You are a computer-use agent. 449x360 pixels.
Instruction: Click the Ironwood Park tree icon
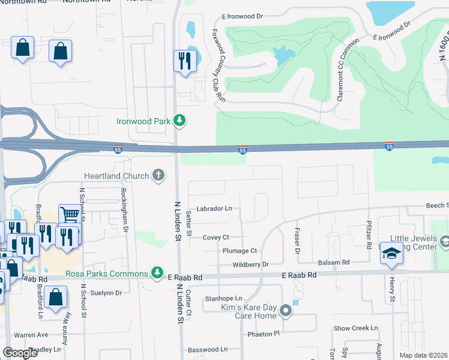pyautogui.click(x=179, y=121)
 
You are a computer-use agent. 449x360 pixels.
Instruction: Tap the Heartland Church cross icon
pyautogui.click(x=158, y=175)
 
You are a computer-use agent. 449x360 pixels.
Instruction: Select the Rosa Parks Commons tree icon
pyautogui.click(x=157, y=274)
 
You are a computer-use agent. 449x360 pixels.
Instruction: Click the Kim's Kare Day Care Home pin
pyautogui.click(x=286, y=311)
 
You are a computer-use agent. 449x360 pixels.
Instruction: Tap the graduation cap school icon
pyautogui.click(x=391, y=253)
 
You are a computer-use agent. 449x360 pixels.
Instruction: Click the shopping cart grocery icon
pyautogui.click(x=70, y=215)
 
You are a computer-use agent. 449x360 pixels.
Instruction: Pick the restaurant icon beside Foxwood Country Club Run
pyautogui.click(x=184, y=61)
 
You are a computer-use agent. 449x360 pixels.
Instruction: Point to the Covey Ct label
pyautogui.click(x=215, y=238)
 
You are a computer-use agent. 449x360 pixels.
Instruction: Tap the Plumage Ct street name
pyautogui.click(x=240, y=251)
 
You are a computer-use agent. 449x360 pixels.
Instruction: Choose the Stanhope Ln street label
pyautogui.click(x=223, y=298)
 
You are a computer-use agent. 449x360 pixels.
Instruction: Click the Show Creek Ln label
pyautogui.click(x=356, y=328)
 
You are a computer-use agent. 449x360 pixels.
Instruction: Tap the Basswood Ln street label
pyautogui.click(x=208, y=349)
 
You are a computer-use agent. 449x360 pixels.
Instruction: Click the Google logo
pyautogui.click(x=20, y=353)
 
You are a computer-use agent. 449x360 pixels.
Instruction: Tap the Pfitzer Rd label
pyautogui.click(x=369, y=235)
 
